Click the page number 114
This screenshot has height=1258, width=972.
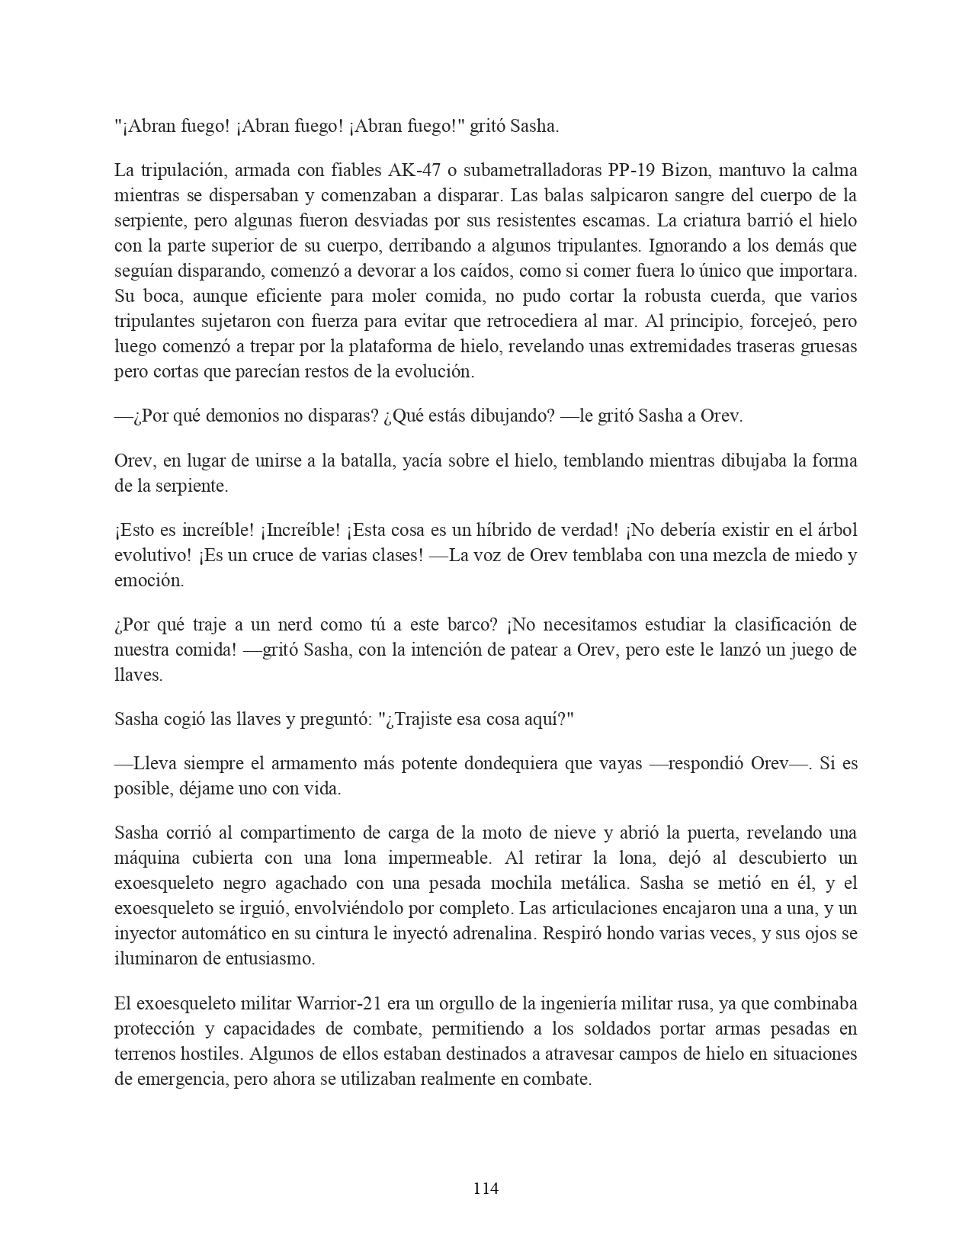point(486,1188)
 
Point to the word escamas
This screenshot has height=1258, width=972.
point(620,221)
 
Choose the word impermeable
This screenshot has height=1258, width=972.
point(438,858)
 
